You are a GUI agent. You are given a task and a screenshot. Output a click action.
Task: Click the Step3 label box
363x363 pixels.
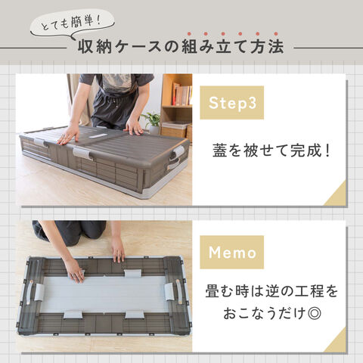pos(231,103)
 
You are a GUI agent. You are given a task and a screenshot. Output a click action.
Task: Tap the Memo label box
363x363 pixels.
pos(231,252)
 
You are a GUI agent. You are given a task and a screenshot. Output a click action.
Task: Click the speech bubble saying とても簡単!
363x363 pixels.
pos(73,24)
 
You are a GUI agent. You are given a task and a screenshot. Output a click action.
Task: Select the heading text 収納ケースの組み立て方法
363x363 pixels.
pos(181,47)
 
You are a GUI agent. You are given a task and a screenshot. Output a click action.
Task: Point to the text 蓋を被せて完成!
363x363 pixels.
pos(271,151)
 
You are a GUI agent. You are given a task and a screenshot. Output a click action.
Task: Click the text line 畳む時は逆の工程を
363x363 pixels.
pos(271,291)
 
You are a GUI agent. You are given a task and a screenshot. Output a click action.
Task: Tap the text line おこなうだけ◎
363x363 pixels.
pos(272,313)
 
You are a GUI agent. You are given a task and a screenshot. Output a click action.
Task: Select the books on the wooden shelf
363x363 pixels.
pos(182,95)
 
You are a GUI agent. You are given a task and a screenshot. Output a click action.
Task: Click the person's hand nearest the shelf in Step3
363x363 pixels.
pos(134,126)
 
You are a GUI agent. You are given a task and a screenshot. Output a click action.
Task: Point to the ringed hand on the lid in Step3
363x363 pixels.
pos(68,135)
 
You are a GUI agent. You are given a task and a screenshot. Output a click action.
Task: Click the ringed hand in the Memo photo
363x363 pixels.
pos(76,271)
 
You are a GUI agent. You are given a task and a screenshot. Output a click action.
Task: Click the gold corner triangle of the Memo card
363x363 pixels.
pos(337,343)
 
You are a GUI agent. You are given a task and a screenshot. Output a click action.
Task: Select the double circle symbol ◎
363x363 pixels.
pos(315,314)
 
